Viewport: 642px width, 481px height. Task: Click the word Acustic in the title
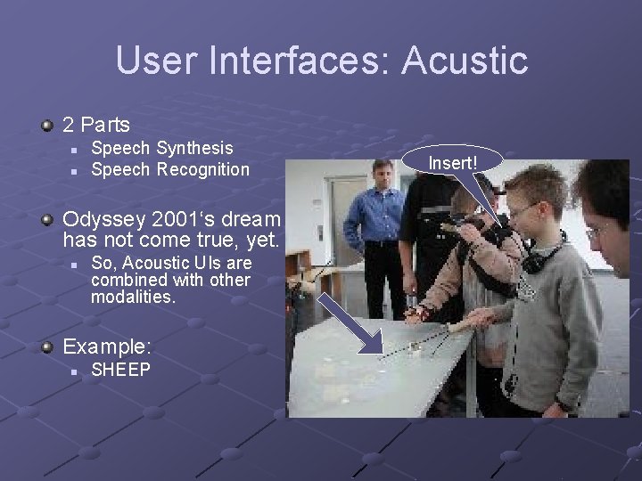(465, 61)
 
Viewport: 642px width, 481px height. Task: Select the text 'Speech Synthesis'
(161, 148)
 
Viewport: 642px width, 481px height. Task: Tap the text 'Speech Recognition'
(170, 169)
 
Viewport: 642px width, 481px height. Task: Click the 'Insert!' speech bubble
(453, 163)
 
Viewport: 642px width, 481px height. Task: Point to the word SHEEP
(121, 370)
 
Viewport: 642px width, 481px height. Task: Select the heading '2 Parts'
(95, 126)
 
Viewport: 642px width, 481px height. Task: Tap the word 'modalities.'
(134, 297)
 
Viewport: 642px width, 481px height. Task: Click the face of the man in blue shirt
(383, 175)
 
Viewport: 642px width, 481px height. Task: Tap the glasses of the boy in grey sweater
(523, 210)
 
